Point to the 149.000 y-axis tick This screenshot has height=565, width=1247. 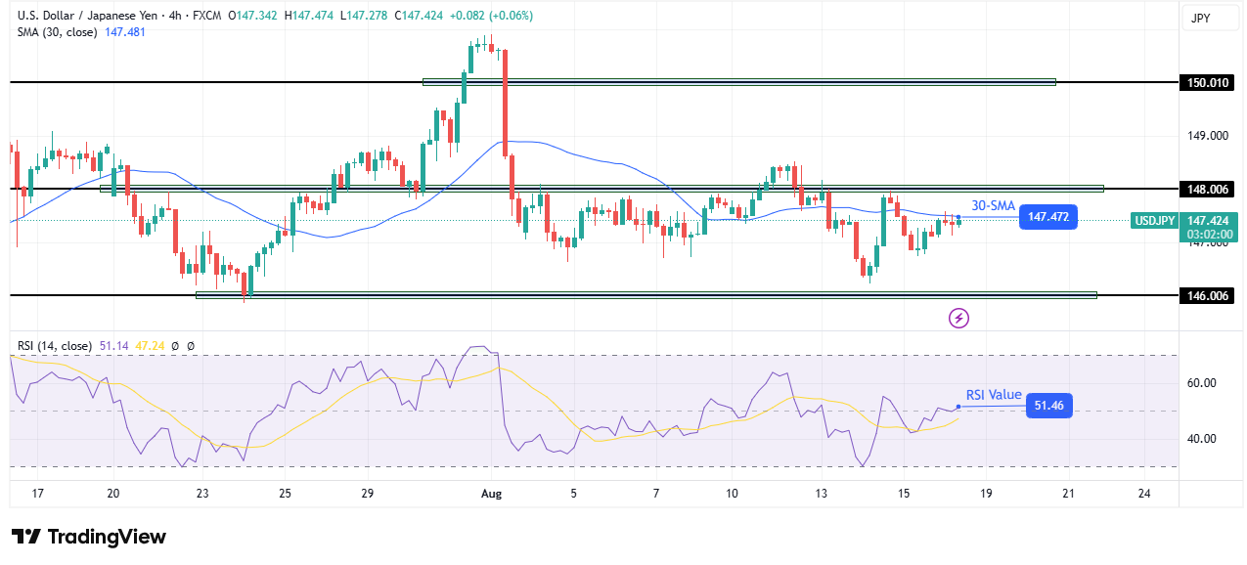[x=1208, y=136]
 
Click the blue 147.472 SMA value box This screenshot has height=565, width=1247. [x=1047, y=217]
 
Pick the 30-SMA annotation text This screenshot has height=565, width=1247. [x=993, y=205]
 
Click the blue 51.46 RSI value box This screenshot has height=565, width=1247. [x=1048, y=407]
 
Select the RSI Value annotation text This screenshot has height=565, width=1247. [x=994, y=395]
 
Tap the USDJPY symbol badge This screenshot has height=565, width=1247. [x=1154, y=221]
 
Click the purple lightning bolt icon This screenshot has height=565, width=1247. [x=959, y=318]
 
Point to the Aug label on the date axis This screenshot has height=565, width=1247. [x=492, y=495]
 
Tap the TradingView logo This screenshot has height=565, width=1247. [x=89, y=537]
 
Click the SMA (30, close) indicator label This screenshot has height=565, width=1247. [x=55, y=32]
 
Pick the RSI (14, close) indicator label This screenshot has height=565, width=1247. [x=55, y=346]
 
